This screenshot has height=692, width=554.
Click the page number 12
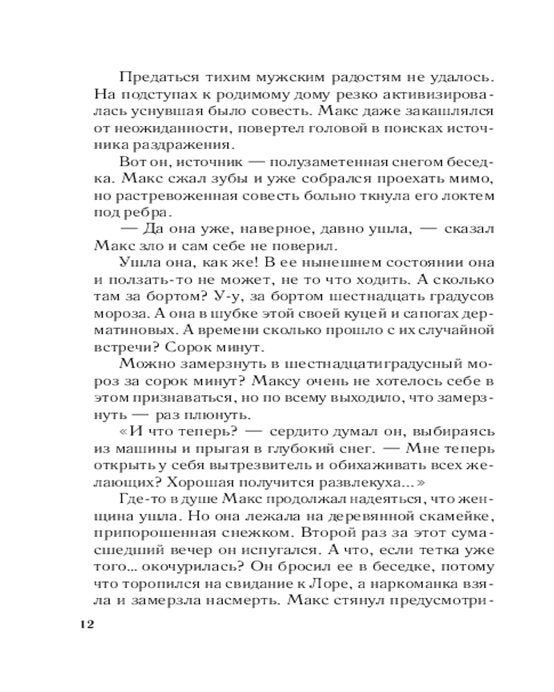coord(82,625)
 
